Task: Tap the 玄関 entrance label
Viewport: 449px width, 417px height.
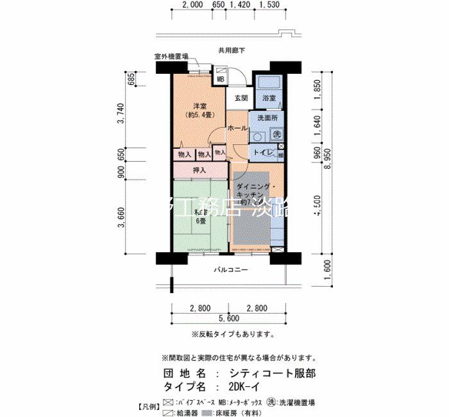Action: [x=241, y=98]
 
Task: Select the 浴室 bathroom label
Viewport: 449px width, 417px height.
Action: [x=268, y=98]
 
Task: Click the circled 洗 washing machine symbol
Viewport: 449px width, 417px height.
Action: [x=277, y=135]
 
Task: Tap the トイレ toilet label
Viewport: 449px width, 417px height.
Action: [x=264, y=153]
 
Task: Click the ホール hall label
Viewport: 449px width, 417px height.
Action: [x=238, y=129]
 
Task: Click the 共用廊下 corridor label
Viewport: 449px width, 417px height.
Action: [x=231, y=50]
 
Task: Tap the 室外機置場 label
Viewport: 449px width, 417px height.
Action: [x=171, y=56]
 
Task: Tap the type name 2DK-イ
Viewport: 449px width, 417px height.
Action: [x=247, y=387]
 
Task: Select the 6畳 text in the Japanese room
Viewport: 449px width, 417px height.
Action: [x=201, y=221]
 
